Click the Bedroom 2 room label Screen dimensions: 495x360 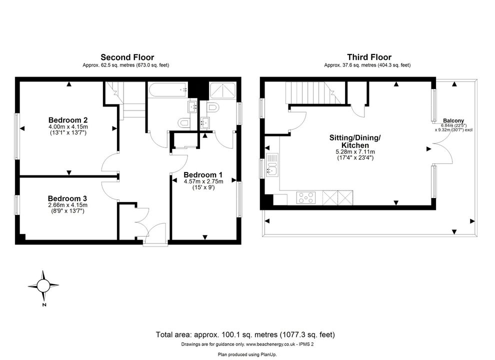[x=68, y=120]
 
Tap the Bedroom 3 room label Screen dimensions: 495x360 [x=67, y=198]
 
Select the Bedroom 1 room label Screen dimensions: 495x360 [x=203, y=174]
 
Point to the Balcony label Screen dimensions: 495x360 [x=453, y=120]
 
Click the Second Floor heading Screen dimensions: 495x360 [x=127, y=57]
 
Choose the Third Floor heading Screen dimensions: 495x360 [x=369, y=57]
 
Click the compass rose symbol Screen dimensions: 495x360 [x=43, y=286]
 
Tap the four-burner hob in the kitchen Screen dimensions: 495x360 [x=306, y=198]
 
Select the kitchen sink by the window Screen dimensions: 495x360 [x=272, y=165]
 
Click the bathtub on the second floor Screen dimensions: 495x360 [x=168, y=90]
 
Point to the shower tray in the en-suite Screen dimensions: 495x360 [x=222, y=90]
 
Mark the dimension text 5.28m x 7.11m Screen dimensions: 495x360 [x=355, y=151]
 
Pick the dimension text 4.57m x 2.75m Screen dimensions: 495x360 [x=203, y=181]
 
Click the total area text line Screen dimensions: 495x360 [x=245, y=334]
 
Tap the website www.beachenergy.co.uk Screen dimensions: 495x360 [x=270, y=344]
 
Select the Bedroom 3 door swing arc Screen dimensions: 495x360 [x=109, y=190]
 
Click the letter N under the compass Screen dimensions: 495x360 [x=44, y=304]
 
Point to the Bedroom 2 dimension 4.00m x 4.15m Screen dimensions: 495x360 [x=68, y=127]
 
